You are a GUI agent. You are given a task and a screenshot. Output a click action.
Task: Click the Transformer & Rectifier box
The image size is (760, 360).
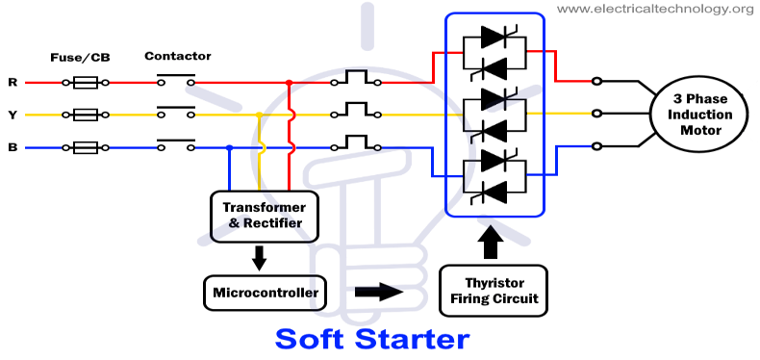pyautogui.click(x=264, y=215)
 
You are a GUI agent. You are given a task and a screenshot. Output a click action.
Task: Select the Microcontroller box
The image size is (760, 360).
pyautogui.click(x=264, y=291)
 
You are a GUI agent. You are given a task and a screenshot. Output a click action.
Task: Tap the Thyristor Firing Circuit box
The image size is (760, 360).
pyautogui.click(x=494, y=290)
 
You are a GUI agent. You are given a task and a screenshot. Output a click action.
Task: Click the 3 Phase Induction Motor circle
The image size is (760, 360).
pyautogui.click(x=702, y=115)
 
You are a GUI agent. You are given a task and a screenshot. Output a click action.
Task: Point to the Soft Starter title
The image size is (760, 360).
pyautogui.click(x=372, y=339)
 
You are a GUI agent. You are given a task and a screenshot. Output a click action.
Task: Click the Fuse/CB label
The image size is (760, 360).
pyautogui.click(x=81, y=57)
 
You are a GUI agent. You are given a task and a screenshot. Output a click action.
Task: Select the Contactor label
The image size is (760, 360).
pyautogui.click(x=178, y=56)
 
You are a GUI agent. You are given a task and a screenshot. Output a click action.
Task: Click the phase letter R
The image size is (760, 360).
pyautogui.click(x=13, y=83)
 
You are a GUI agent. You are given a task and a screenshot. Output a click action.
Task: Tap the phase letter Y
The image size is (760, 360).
pyautogui.click(x=13, y=116)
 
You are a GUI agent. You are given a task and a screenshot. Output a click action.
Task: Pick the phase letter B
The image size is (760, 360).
pyautogui.click(x=13, y=148)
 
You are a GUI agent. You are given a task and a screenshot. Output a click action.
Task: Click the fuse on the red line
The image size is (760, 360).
pyautogui.click(x=85, y=83)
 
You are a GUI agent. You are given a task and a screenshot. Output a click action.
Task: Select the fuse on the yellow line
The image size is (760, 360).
pyautogui.click(x=85, y=116)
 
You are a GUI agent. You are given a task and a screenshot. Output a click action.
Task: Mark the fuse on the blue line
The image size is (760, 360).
pyautogui.click(x=85, y=148)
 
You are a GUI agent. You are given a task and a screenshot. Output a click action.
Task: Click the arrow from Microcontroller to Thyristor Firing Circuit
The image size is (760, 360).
pyautogui.click(x=378, y=291)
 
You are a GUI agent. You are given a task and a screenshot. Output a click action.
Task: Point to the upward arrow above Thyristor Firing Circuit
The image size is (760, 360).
pyautogui.click(x=493, y=241)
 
